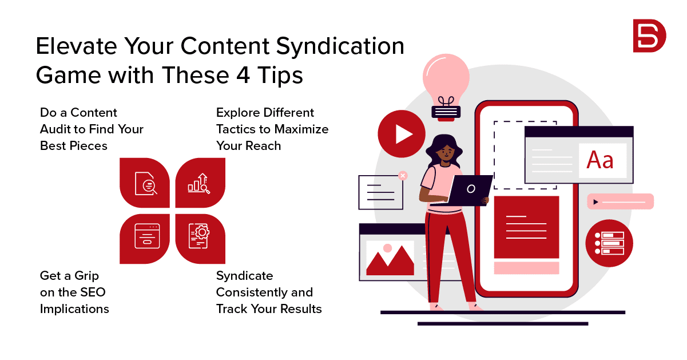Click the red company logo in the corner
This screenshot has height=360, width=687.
click(649, 35)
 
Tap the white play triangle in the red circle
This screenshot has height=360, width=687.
click(403, 134)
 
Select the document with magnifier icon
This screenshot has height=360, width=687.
click(146, 184)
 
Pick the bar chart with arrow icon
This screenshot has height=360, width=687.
click(199, 184)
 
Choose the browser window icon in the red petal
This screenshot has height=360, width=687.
click(147, 236)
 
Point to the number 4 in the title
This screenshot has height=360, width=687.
click(243, 75)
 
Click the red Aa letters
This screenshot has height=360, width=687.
click(600, 160)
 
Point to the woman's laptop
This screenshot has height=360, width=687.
click(466, 190)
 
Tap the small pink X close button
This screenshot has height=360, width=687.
click(403, 176)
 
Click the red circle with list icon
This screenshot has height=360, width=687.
click(609, 243)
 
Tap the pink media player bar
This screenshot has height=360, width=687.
click(621, 201)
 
